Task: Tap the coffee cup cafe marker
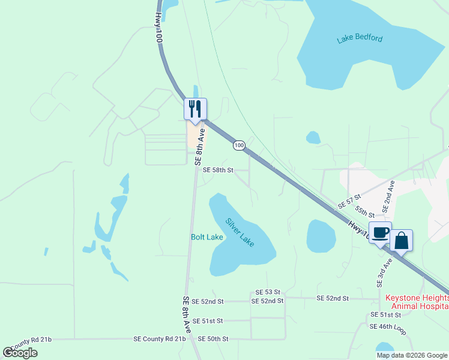[380, 233]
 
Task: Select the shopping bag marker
[401, 241]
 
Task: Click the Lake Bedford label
[360, 39]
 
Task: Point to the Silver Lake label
[240, 230]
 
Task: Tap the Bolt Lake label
[207, 237]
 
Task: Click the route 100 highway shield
[239, 146]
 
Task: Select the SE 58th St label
[217, 170]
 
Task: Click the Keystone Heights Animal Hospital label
[417, 302]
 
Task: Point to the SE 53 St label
[268, 292]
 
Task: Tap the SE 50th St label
[213, 339]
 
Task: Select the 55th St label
[364, 211]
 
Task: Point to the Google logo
[20, 352]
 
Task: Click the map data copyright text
[412, 355]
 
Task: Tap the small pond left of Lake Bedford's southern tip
[313, 138]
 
